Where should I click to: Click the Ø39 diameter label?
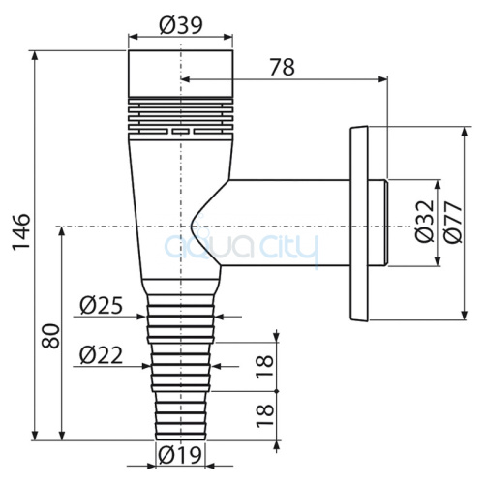181,25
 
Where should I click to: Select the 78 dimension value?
283,67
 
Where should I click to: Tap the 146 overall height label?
21,231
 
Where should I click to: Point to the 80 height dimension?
50,336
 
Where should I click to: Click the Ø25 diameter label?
102,305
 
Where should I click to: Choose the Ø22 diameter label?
102,355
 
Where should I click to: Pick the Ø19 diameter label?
180,455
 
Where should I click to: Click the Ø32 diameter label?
425,222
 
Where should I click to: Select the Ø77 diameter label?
453,222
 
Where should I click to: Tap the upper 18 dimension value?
265,366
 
